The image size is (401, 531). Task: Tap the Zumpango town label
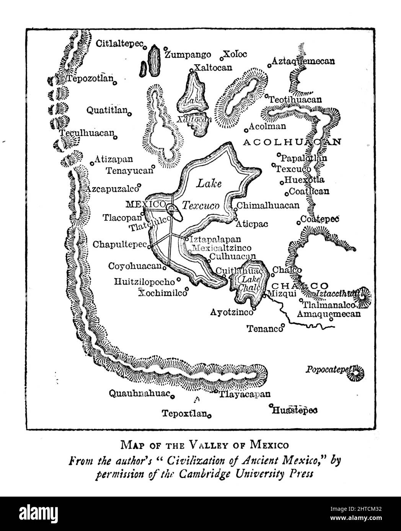(182, 54)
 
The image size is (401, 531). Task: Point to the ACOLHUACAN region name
(292, 142)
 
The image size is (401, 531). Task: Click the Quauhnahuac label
(139, 393)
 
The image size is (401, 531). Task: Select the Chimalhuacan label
(268, 206)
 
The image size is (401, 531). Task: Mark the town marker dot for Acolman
(246, 129)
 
